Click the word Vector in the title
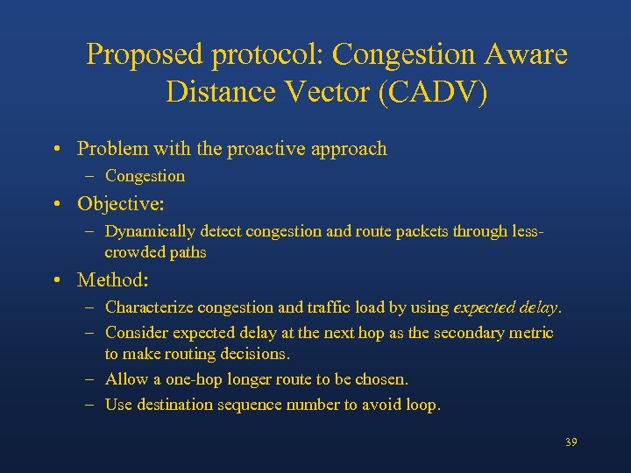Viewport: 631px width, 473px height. [323, 91]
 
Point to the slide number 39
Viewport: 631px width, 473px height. [571, 442]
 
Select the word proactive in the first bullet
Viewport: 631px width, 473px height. [264, 149]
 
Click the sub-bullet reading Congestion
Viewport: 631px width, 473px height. [145, 176]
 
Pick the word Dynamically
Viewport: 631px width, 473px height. [150, 231]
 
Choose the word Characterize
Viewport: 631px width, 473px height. [149, 307]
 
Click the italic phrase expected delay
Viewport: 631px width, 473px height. [506, 307]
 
